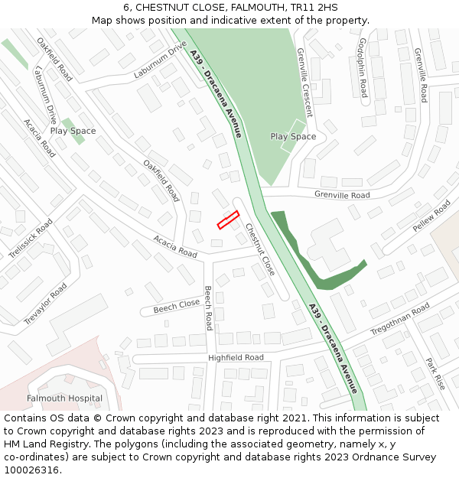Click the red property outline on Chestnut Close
(x=228, y=219)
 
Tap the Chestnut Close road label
(x=260, y=249)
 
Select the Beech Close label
(x=177, y=307)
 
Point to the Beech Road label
(x=208, y=309)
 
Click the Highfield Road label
(x=236, y=357)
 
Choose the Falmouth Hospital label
(x=64, y=398)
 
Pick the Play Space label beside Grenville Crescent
(x=293, y=137)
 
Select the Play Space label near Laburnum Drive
(x=73, y=131)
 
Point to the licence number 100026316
(x=31, y=470)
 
